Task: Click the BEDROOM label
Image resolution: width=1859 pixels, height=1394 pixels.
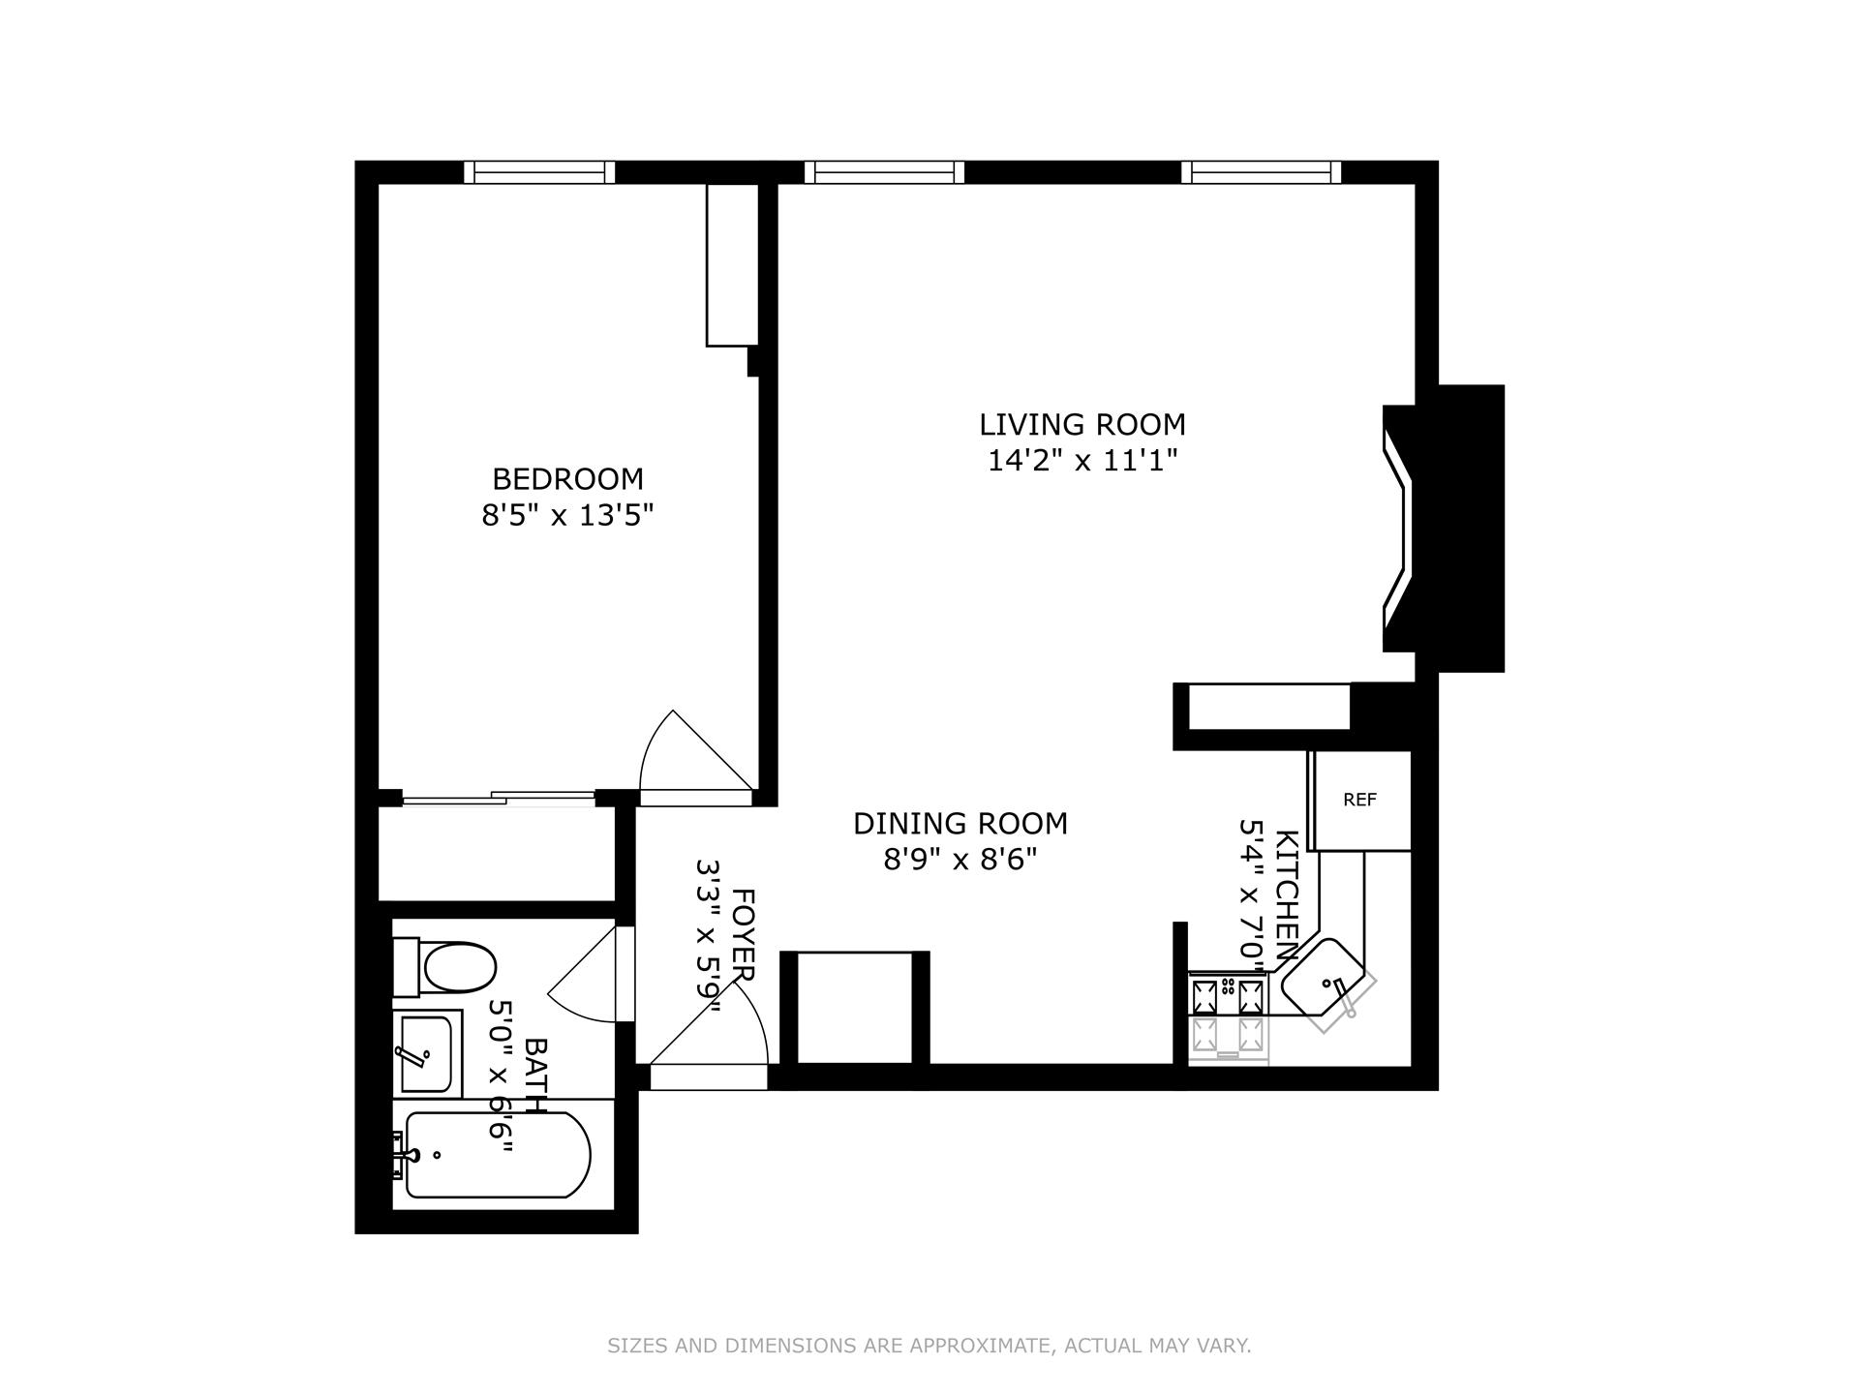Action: [567, 479]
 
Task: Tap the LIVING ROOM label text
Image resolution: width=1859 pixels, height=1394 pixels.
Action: [1082, 425]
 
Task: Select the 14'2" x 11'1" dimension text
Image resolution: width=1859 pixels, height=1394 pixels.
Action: [1082, 460]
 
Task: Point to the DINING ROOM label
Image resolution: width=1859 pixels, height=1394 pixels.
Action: [960, 824]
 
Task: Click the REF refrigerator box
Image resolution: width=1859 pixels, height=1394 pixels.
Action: [1359, 801]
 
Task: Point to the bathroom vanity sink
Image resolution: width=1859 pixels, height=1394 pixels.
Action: [425, 1052]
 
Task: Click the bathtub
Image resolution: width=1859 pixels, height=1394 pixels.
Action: [496, 1155]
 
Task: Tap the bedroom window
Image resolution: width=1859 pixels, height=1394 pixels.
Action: [539, 172]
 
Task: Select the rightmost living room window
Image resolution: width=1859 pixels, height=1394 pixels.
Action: [1261, 172]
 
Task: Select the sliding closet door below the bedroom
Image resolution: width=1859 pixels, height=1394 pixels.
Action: [499, 799]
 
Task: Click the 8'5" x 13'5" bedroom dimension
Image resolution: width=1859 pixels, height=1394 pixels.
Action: [567, 515]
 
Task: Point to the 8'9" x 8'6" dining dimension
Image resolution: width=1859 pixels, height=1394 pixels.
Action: [960, 860]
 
